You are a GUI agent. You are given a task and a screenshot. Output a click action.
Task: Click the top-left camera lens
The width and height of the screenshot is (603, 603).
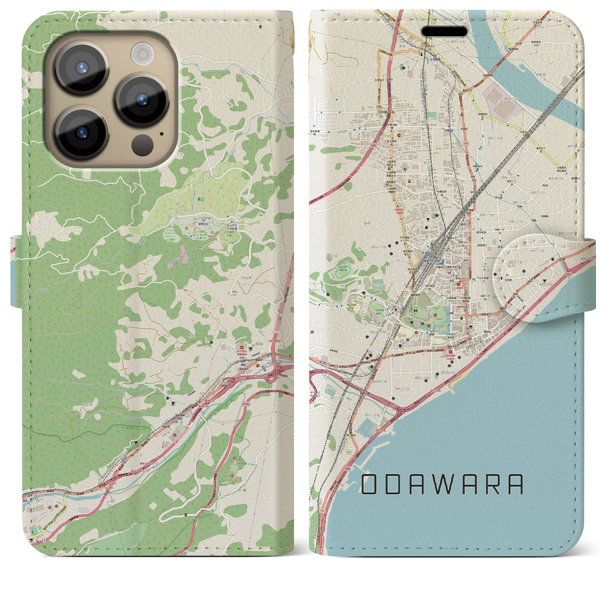point(78,66)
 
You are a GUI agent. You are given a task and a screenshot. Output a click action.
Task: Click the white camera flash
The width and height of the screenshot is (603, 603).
point(140,51)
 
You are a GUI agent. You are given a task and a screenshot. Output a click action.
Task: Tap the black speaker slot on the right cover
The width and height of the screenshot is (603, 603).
point(444,32)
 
